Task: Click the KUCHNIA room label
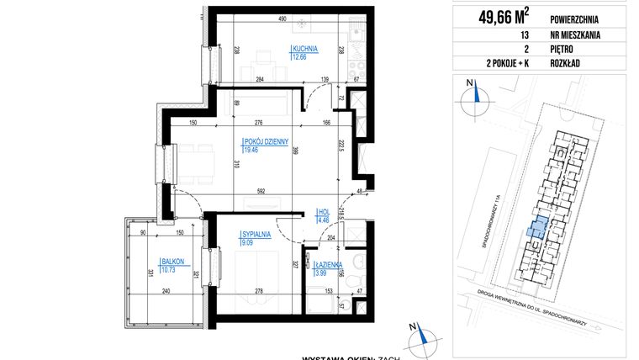[303, 49]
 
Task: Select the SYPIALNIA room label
[253, 235]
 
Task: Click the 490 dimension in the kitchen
[283, 19]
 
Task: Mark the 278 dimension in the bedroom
[257, 291]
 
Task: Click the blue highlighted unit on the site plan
[536, 225]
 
